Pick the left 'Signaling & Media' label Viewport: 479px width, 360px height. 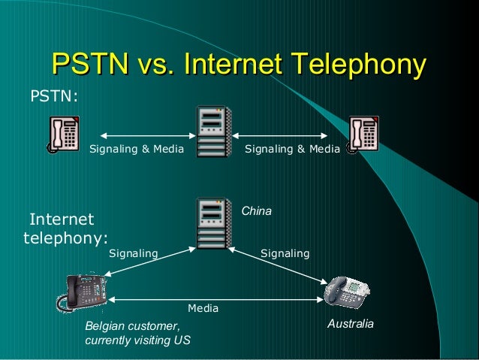pos(137,150)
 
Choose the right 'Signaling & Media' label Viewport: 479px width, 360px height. pos(292,150)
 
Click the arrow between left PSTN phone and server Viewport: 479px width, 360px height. pos(146,136)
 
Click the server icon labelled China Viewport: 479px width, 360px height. pos(214,223)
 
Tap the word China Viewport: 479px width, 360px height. pos(256,212)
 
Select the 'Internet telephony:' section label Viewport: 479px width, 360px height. pos(64,229)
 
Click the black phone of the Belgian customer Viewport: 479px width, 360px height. pos(84,292)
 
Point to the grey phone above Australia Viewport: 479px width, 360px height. pos(347,291)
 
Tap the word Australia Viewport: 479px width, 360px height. pos(351,324)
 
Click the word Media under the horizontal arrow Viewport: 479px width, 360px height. pos(203,308)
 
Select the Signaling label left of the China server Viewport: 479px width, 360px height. pos(134,254)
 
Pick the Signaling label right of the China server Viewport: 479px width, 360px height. pos(285,254)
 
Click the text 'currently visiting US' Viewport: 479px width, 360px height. pos(137,340)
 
